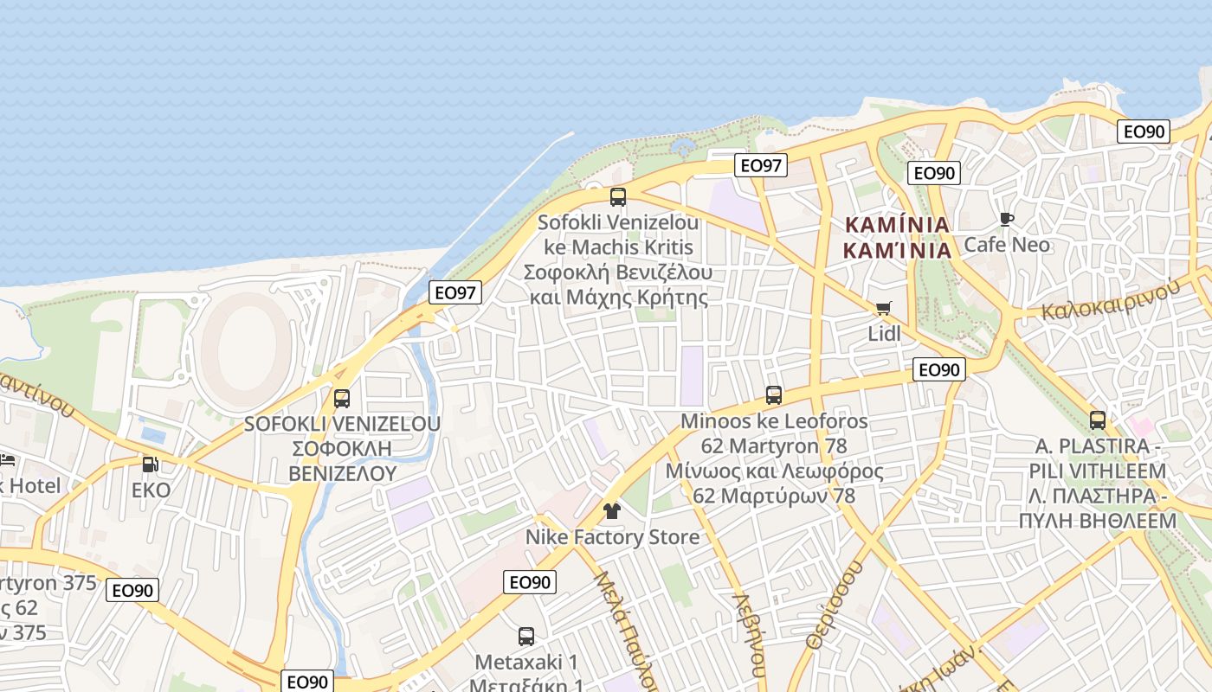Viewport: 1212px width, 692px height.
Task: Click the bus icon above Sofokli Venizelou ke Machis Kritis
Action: (x=617, y=196)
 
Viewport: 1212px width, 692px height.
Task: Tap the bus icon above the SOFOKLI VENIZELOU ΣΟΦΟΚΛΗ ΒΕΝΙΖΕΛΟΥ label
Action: (x=342, y=399)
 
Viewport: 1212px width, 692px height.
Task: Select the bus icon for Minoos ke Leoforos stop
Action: (x=774, y=395)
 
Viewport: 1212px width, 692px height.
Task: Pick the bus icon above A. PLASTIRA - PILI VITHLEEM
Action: (x=1098, y=420)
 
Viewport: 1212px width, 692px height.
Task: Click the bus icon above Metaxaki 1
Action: (x=525, y=637)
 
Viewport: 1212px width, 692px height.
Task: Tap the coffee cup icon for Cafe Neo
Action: (x=1006, y=220)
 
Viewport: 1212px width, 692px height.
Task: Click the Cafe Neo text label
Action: (x=1007, y=245)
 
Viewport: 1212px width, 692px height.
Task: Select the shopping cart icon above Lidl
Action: (x=883, y=309)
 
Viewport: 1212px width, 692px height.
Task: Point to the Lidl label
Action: (x=884, y=334)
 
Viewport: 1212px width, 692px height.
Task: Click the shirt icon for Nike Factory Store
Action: (x=612, y=511)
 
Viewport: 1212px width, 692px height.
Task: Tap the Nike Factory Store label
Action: (x=612, y=537)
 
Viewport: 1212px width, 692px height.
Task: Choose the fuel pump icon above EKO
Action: (x=151, y=465)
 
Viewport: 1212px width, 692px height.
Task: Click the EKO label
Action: (x=151, y=490)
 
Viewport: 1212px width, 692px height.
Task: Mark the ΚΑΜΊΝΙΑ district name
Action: (x=897, y=225)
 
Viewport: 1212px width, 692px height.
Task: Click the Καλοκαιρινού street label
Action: (x=1111, y=299)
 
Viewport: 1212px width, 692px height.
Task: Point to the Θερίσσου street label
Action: (x=834, y=605)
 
